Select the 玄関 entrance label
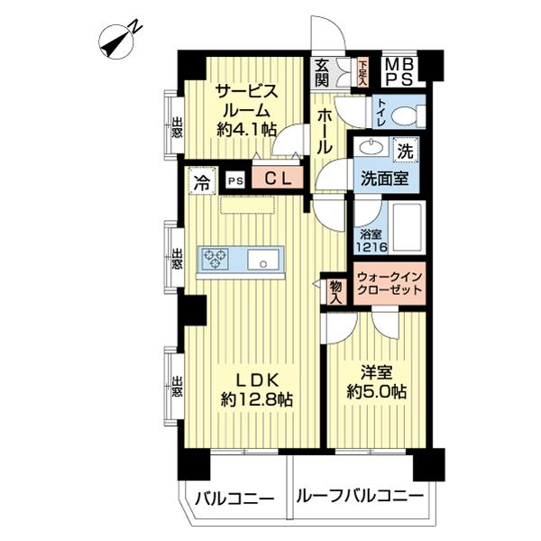pos(322,71)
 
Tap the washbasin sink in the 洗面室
pos(370,148)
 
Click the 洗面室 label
pos(386,178)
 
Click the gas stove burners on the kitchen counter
pos(216,260)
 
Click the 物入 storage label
pos(335,291)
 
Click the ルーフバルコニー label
pos(358,496)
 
